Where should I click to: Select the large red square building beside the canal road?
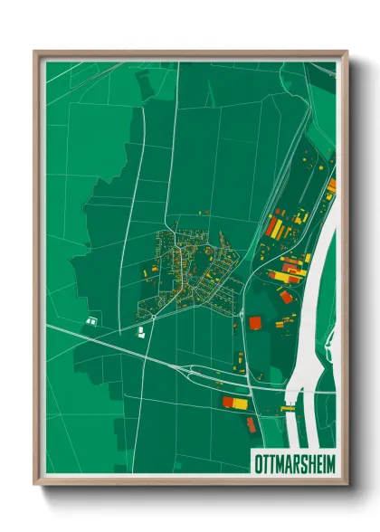(254, 323)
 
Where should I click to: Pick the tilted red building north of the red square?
(286, 297)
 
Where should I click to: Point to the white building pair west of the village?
(90, 320)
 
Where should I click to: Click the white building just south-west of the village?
(141, 333)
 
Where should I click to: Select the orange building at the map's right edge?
(331, 185)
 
